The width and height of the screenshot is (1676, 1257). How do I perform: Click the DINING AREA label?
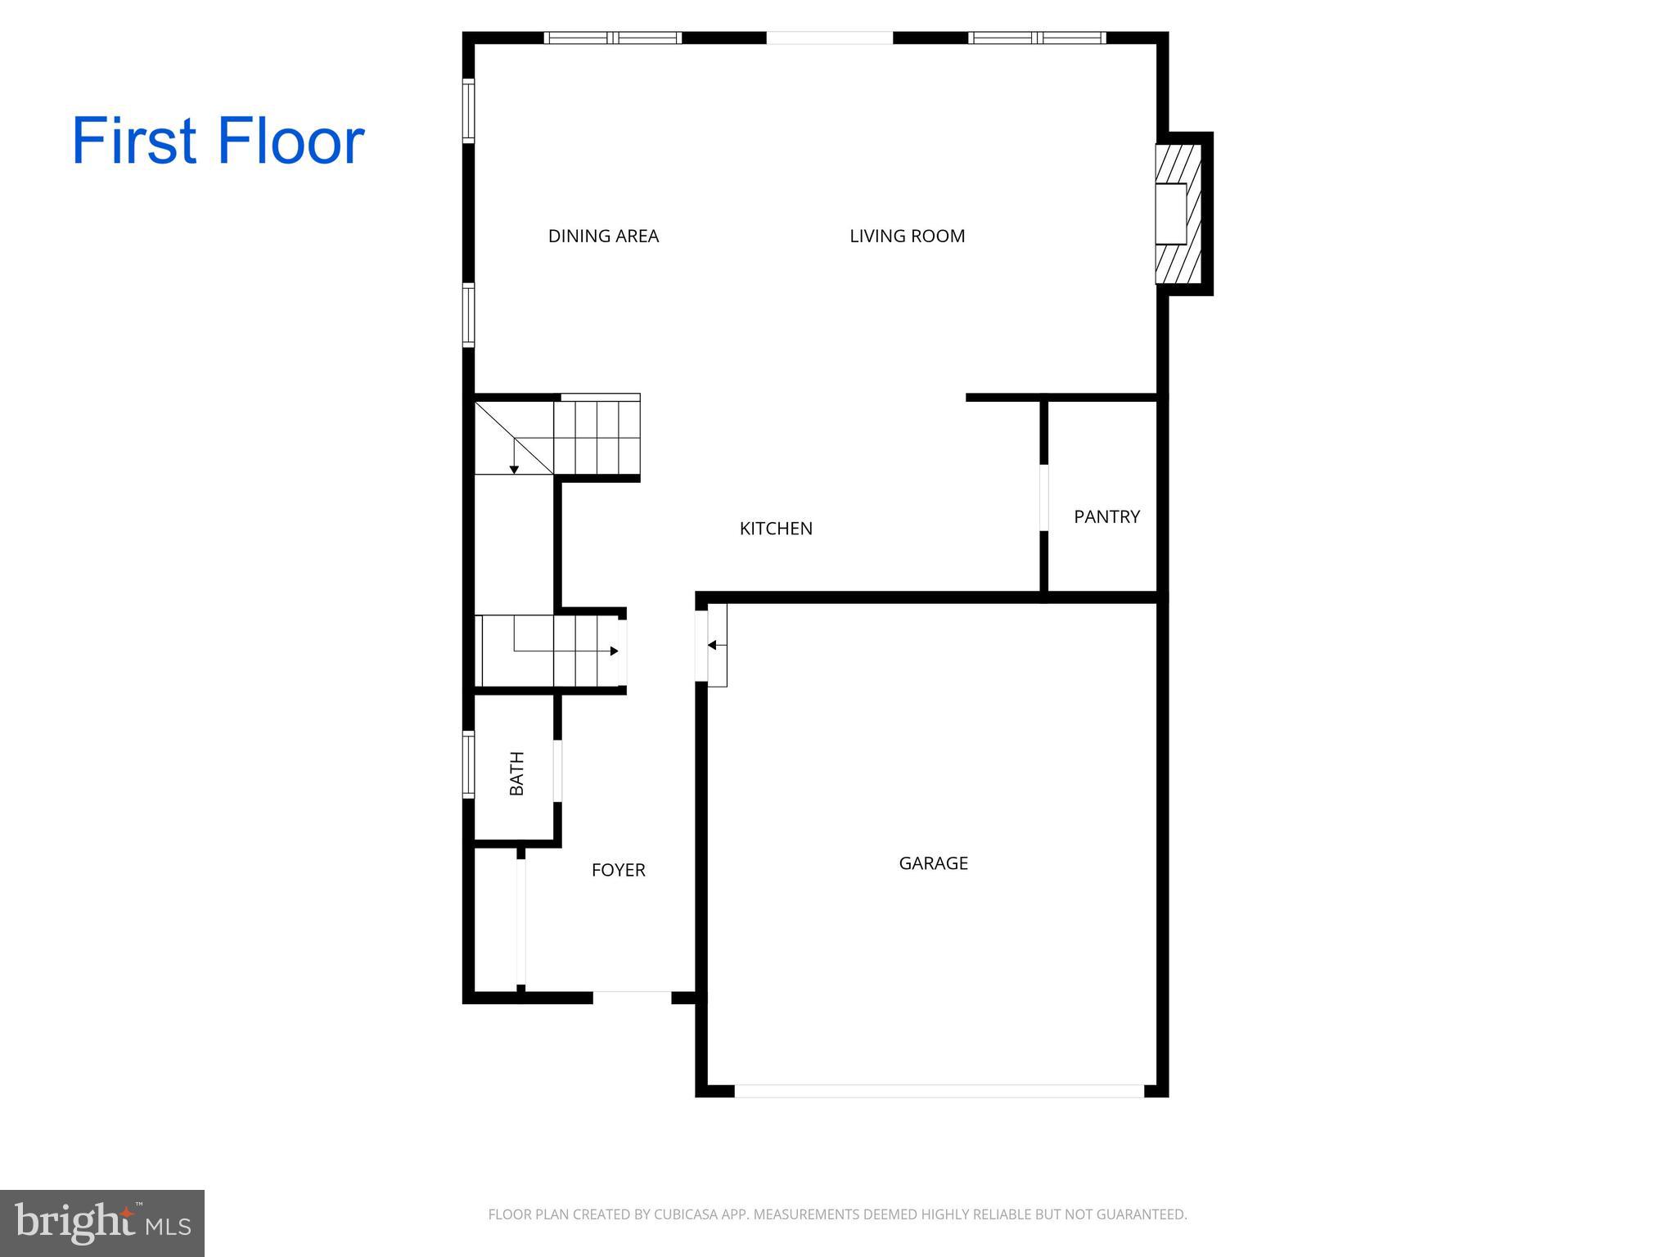(603, 237)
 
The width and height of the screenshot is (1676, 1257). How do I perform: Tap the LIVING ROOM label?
(907, 237)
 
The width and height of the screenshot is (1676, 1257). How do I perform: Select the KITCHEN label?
(776, 529)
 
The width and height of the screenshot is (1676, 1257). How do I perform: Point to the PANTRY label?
(1106, 516)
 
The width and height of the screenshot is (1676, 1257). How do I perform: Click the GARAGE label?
(933, 863)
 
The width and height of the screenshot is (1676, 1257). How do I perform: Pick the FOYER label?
(618, 870)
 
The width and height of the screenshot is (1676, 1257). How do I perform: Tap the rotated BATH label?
(517, 773)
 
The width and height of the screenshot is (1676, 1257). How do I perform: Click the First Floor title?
(218, 141)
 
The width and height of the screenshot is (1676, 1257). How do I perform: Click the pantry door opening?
(1043, 498)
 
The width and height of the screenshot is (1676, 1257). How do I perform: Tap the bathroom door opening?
(557, 770)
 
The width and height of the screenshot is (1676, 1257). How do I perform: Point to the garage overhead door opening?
(939, 1091)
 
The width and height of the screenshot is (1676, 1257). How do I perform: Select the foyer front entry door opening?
(632, 997)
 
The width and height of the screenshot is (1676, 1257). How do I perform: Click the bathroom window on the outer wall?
(468, 764)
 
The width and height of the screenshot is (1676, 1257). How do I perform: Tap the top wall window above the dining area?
(613, 38)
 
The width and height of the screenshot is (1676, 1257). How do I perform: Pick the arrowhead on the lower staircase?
(614, 651)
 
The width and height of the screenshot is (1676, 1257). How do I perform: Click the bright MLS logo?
(102, 1223)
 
